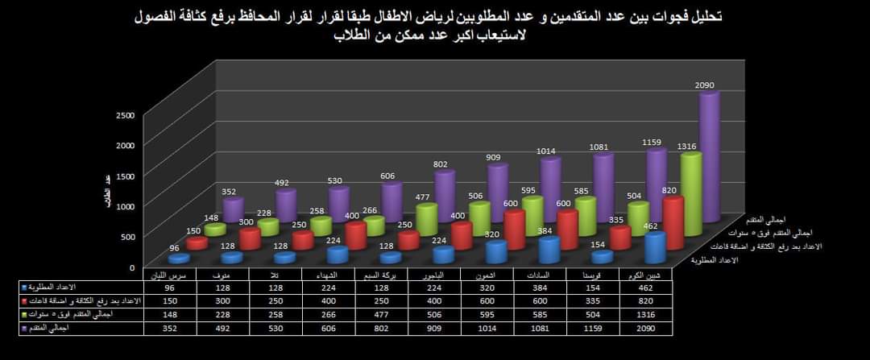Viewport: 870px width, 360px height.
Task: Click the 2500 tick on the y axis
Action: point(125,114)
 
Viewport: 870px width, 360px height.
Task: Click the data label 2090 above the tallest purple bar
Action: point(705,85)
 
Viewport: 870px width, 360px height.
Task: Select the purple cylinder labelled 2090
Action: point(707,157)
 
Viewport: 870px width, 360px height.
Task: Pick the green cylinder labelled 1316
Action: point(690,193)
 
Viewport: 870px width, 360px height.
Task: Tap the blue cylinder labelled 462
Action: point(653,247)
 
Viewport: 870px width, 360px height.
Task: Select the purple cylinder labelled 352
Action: point(232,209)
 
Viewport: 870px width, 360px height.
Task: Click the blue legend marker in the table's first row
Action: point(24,288)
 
